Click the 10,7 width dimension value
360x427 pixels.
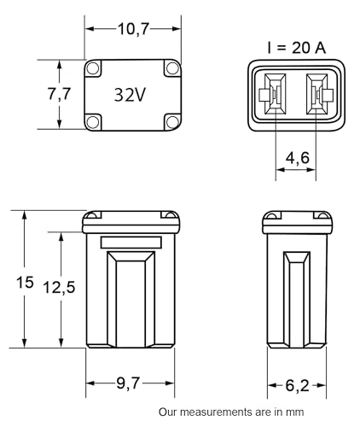[133, 29]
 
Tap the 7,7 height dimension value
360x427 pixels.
[59, 94]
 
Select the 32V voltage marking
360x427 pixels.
[130, 95]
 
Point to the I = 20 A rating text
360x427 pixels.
[296, 48]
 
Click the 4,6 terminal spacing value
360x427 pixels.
[298, 157]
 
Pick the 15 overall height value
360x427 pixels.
[25, 283]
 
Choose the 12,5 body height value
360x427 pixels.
[59, 287]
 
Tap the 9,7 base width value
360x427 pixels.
[128, 383]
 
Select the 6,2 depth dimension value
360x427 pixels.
[297, 385]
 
